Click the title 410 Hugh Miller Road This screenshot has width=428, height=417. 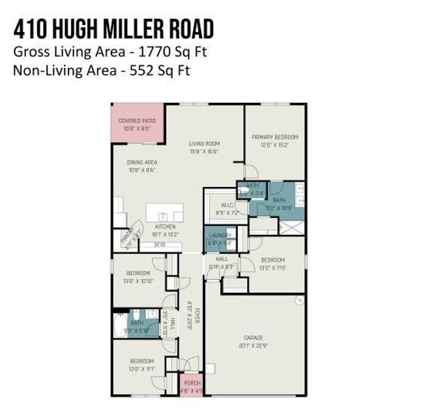coord(113,29)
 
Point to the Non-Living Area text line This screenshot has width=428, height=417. coord(101,69)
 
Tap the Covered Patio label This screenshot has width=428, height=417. coord(137,121)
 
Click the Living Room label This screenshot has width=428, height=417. coord(204,144)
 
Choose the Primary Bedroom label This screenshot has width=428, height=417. coord(274,138)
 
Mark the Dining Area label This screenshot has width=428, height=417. coord(141,162)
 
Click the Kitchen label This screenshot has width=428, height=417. coord(165,227)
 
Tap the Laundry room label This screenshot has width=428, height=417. coord(220,236)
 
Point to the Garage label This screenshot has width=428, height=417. coord(253,337)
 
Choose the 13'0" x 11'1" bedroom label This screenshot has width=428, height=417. coord(142,361)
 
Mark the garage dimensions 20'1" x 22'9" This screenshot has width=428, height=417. coord(253,345)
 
